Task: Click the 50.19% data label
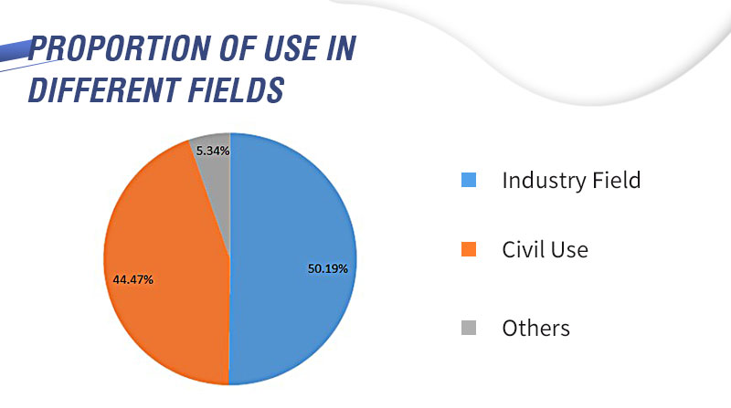[328, 268]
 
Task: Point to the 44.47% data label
[133, 279]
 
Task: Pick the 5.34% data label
[211, 150]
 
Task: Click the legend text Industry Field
[571, 180]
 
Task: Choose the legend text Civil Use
[545, 248]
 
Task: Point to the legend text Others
[535, 328]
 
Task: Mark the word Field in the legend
[614, 180]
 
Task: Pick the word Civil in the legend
[523, 248]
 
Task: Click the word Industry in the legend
[541, 180]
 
